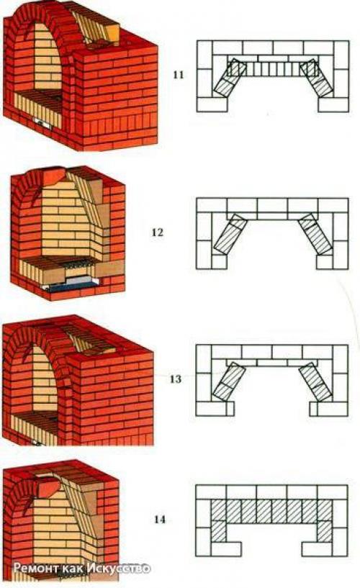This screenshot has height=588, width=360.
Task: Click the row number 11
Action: tap(179, 75)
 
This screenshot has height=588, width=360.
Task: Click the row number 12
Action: tap(158, 232)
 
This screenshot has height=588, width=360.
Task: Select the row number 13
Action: tap(175, 379)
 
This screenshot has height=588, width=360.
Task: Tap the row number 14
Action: tap(159, 520)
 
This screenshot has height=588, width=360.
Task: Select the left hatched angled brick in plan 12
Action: tap(230, 234)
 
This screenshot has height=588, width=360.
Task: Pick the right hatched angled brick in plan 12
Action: tap(315, 234)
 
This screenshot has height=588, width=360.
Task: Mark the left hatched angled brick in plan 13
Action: tap(230, 381)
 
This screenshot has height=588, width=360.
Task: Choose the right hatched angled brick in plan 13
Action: tap(316, 381)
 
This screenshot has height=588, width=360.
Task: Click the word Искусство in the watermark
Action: tap(119, 568)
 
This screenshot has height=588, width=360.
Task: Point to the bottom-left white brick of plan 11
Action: tap(212, 104)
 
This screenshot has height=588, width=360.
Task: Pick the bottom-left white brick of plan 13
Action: tap(212, 409)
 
